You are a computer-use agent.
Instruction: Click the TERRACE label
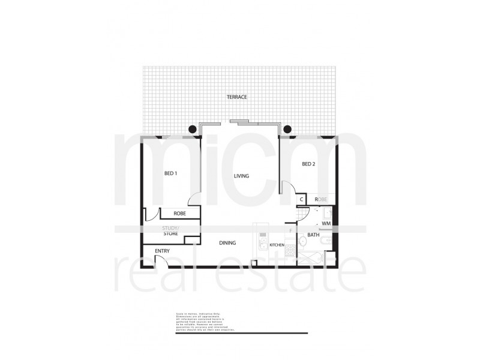tap(237, 97)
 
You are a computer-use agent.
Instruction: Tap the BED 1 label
tap(170, 173)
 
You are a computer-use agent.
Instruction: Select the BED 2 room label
tap(308, 164)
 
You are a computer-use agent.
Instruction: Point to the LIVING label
tap(242, 176)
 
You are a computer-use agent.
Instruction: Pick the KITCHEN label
tap(276, 246)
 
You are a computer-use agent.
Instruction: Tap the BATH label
tap(313, 235)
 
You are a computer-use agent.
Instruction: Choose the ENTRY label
tap(162, 250)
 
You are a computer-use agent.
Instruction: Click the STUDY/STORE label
tap(172, 231)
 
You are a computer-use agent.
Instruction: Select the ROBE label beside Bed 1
tap(179, 213)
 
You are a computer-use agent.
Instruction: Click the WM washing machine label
tap(326, 223)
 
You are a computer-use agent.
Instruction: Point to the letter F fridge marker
tap(291, 230)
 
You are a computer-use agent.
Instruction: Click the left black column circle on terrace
tap(192, 128)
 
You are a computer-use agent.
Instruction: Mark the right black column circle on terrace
tap(287, 128)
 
